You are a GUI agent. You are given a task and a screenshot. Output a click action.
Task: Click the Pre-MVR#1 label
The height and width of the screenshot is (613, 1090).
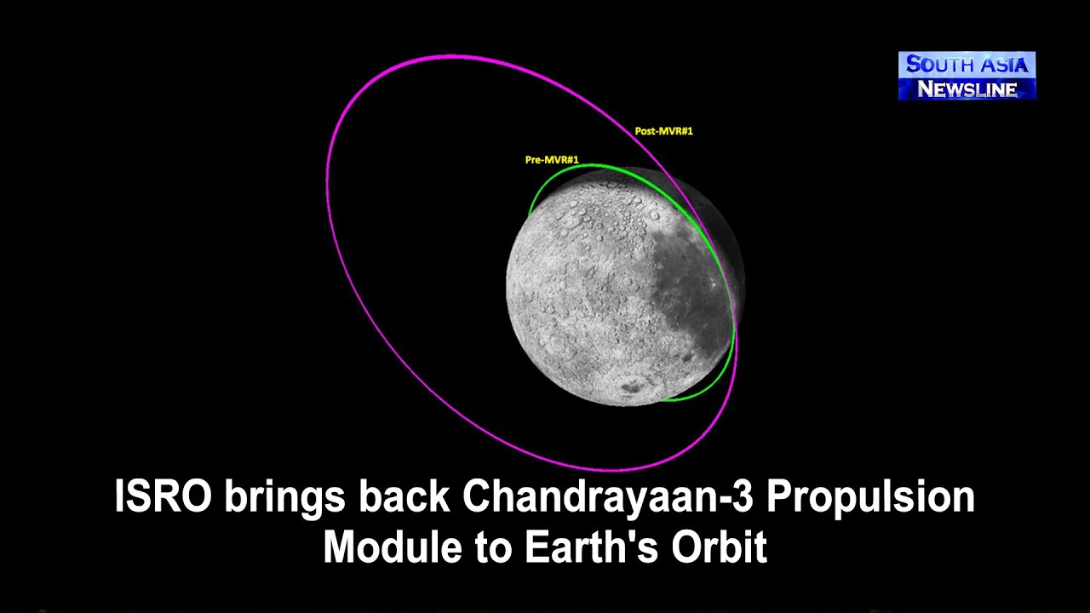pos(552,160)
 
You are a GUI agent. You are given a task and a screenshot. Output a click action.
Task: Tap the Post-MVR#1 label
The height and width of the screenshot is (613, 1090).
pos(663,131)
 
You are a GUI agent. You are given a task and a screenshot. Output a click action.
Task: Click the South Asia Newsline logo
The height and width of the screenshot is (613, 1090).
pos(967,76)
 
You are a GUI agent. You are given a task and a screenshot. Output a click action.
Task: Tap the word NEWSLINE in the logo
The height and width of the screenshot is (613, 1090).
pos(967,89)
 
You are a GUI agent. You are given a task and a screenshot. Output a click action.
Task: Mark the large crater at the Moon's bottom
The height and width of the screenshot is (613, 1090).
pos(631,386)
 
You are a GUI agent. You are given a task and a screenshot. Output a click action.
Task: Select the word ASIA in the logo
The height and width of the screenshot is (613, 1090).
pos(1005,65)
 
